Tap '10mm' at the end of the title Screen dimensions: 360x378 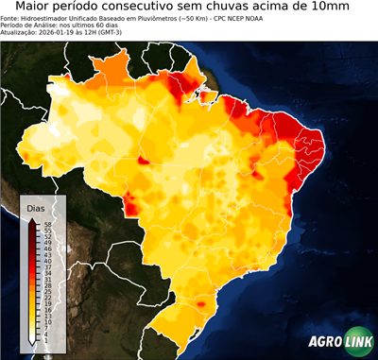tap(350, 8)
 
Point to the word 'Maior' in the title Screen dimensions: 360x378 tap(37, 8)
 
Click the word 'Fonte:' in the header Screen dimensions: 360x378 tap(10, 18)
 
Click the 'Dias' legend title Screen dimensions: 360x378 tap(36, 207)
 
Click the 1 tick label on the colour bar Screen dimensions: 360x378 tap(46, 340)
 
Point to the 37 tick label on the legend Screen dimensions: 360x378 tap(46, 267)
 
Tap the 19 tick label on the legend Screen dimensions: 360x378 tap(46, 303)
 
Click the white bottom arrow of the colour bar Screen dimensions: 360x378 tap(33, 341)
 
